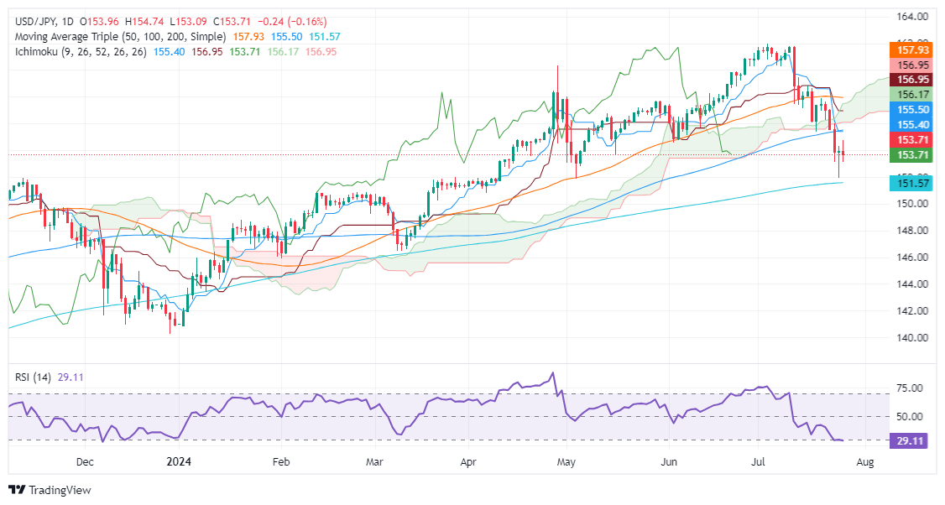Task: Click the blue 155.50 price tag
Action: point(910,109)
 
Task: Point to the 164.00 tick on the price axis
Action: point(910,17)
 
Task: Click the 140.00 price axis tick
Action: point(910,338)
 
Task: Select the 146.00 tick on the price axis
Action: point(910,258)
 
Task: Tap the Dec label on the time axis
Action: point(85,461)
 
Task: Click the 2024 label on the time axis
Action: point(179,461)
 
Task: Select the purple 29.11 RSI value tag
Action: point(910,440)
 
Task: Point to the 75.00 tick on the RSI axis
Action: point(910,388)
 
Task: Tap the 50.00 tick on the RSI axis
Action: point(910,416)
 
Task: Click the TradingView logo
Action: point(50,490)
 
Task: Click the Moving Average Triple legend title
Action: point(117,37)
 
